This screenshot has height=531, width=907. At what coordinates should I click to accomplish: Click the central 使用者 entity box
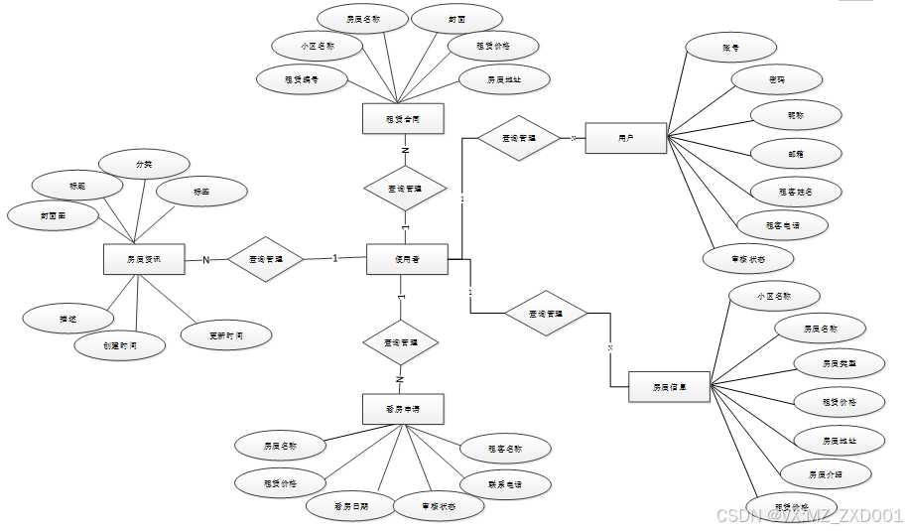pos(407,259)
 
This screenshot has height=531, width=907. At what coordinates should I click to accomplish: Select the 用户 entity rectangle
pos(625,139)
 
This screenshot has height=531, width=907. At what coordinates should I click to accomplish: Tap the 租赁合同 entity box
pos(402,118)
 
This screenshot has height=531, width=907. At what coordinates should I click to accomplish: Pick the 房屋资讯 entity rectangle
pos(144,260)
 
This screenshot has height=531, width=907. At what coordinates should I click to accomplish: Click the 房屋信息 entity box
pos(670,387)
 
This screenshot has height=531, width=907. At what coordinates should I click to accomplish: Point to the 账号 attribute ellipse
pos(731,47)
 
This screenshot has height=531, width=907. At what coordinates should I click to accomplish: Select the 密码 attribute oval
pos(777,79)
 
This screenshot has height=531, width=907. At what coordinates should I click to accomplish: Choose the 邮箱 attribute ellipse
pos(796,153)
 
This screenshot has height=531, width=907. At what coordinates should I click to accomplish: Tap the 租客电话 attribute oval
pos(782,225)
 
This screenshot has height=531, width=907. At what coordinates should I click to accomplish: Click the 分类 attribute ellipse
pos(144,163)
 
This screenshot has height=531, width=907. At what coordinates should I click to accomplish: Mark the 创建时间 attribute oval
pos(119,345)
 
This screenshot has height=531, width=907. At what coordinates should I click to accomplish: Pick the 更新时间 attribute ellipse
pos(226,335)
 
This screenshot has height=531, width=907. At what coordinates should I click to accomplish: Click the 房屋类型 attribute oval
pos(839,364)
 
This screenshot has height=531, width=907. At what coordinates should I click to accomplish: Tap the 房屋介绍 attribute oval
pos(826,473)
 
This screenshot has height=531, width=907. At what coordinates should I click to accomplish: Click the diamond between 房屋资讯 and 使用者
pos(265,260)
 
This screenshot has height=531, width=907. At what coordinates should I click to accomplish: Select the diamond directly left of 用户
pos(519,139)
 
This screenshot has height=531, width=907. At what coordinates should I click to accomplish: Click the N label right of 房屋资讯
pos(206,260)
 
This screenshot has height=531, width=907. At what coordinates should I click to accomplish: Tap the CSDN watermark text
pos(809,515)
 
